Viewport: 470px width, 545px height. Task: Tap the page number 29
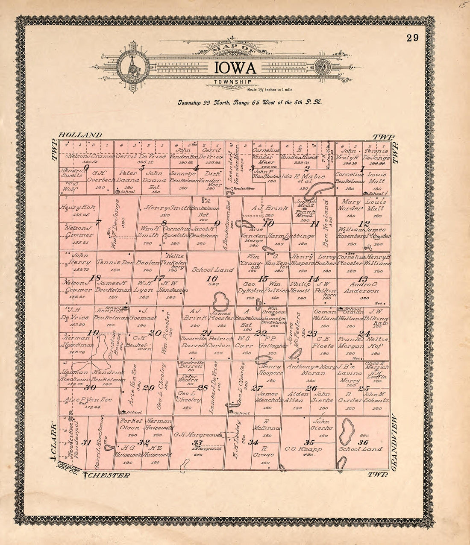pos(412,38)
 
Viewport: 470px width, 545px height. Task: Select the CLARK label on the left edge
pos(54,439)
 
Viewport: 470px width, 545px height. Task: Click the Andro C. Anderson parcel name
pos(364,287)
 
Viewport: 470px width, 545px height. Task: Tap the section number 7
pos(98,222)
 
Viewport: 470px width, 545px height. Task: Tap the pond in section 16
pos(220,301)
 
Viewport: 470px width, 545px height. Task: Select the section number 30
pos(90,387)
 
